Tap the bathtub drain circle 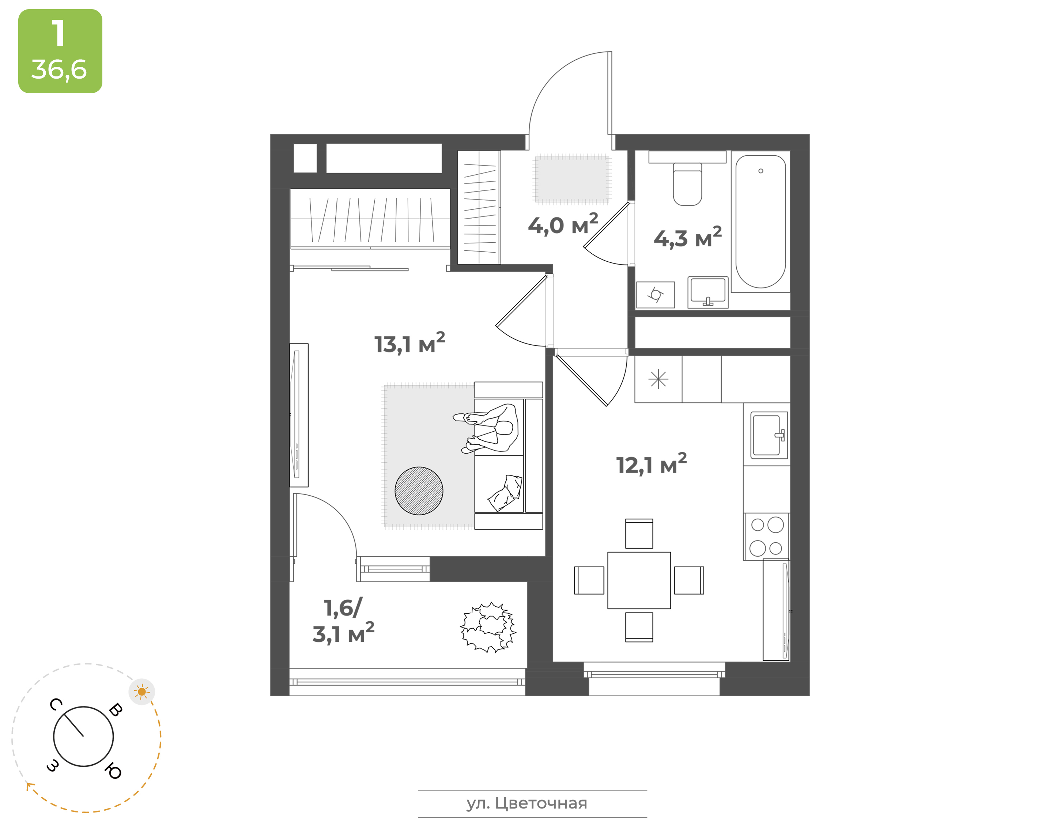pos(760,171)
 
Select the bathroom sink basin pos(707,292)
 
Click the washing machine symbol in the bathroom pos(656,295)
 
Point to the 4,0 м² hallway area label pos(563,224)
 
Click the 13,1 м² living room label pos(409,343)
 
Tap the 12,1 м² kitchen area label pos(651,464)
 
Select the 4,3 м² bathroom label pos(687,238)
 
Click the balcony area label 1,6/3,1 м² pos(343,621)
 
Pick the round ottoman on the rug pos(419,490)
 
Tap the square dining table pos(639,580)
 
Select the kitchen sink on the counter pos(769,435)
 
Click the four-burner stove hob pos(767,536)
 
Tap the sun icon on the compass pos(142,692)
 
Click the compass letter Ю pos(113,771)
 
